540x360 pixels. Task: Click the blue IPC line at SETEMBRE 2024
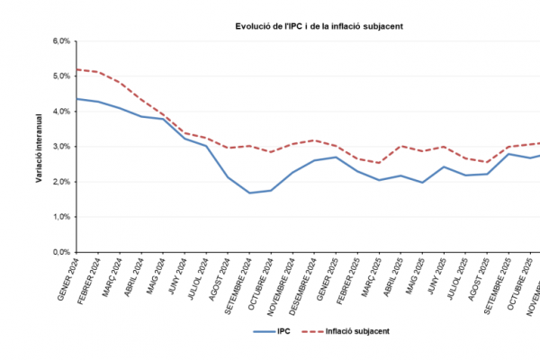point(249,193)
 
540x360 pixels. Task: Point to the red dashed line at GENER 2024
point(77,69)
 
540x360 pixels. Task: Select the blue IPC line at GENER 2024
point(77,98)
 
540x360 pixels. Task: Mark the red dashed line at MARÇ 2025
point(380,163)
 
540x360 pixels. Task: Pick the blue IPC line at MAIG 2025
point(422,183)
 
